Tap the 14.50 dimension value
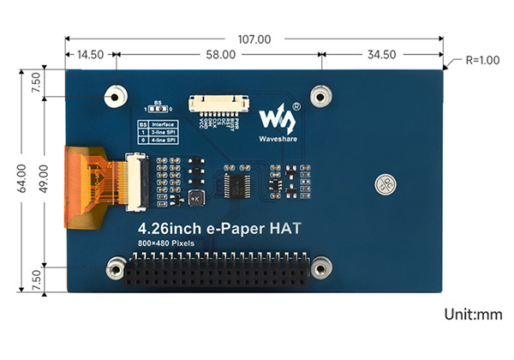click(x=90, y=54)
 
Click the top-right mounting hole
click(x=320, y=94)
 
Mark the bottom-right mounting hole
click(x=320, y=267)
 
